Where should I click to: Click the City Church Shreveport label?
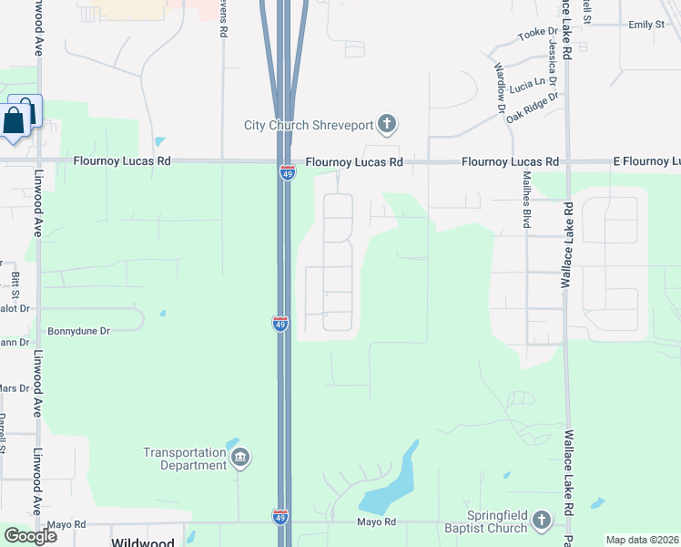pyautogui.click(x=309, y=125)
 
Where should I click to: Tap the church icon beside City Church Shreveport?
pyautogui.click(x=387, y=124)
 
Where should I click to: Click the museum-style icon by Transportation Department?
pyautogui.click(x=240, y=458)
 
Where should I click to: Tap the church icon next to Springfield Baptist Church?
pyautogui.click(x=542, y=521)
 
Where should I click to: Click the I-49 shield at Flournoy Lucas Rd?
pyautogui.click(x=287, y=172)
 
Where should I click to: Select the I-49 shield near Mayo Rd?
pyautogui.click(x=280, y=517)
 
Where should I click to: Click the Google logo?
pyautogui.click(x=30, y=535)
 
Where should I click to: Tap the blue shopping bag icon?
pyautogui.click(x=15, y=120)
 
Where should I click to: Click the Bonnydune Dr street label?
pyautogui.click(x=78, y=331)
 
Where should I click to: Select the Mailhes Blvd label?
pyautogui.click(x=525, y=203)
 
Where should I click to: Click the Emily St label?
pyautogui.click(x=646, y=25)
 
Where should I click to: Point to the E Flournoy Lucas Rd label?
pyautogui.click(x=645, y=161)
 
